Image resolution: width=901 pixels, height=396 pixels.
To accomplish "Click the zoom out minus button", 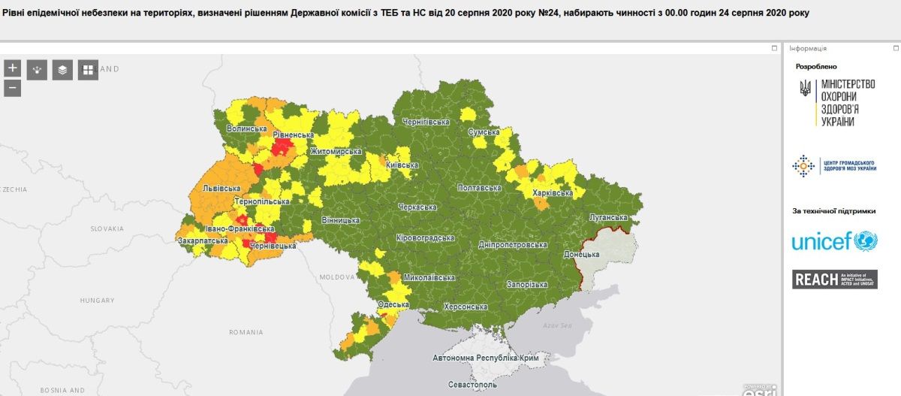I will (12, 88).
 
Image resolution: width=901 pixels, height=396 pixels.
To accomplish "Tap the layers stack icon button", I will (62, 70).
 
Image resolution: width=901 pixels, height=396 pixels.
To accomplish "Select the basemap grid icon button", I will (88, 70).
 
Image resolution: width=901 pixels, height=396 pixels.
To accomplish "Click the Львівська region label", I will (221, 188).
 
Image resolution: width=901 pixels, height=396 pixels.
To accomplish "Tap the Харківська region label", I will (552, 193).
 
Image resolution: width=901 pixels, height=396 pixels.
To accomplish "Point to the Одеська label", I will (394, 304).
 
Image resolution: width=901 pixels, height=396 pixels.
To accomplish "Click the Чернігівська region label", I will (425, 122).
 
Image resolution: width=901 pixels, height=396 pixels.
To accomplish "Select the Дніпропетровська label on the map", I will (513, 245).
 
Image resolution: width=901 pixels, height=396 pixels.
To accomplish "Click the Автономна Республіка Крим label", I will (486, 358).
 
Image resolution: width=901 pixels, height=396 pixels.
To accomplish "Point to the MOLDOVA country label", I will (336, 277).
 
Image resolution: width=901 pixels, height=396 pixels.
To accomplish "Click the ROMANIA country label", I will (246, 331).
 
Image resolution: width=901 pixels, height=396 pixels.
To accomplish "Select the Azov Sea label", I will (556, 325).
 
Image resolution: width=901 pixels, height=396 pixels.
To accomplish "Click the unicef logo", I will (834, 241).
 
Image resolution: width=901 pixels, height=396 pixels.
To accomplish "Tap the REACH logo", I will (834, 280).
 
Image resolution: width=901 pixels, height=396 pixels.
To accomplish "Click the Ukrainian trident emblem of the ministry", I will (805, 89).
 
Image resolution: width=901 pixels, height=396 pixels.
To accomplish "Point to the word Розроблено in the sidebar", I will (816, 66).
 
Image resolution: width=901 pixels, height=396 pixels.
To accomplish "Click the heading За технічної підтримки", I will (833, 211).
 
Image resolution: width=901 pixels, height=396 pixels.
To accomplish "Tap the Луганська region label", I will (609, 217).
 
